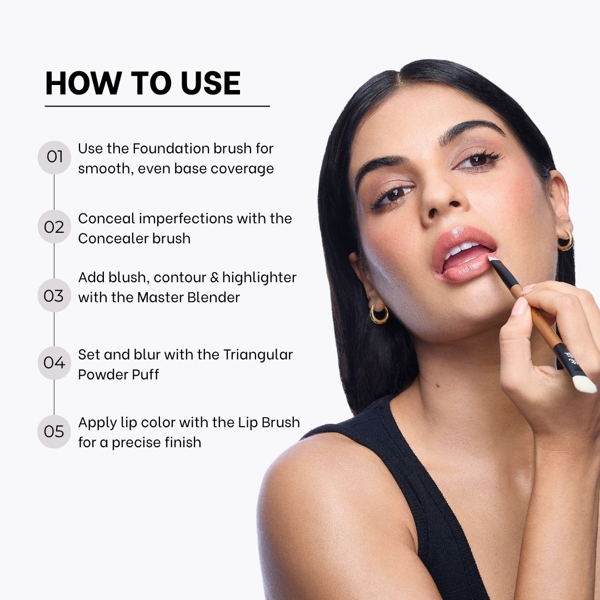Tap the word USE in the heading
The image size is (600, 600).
pos(211,83)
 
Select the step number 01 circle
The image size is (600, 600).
pos(54,157)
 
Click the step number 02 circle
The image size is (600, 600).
pos(54,227)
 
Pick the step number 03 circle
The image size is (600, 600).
pos(54,296)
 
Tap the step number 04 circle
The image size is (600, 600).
pos(54,363)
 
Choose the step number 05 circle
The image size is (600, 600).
pos(54,432)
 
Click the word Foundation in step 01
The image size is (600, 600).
pos(171,148)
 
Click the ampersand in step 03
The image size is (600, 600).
pos(214,277)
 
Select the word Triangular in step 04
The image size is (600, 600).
pos(258,355)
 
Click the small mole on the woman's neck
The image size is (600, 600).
pos(438,385)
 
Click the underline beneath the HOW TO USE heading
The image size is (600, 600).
pos(157,106)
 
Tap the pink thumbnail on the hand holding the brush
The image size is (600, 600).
pos(519,307)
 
